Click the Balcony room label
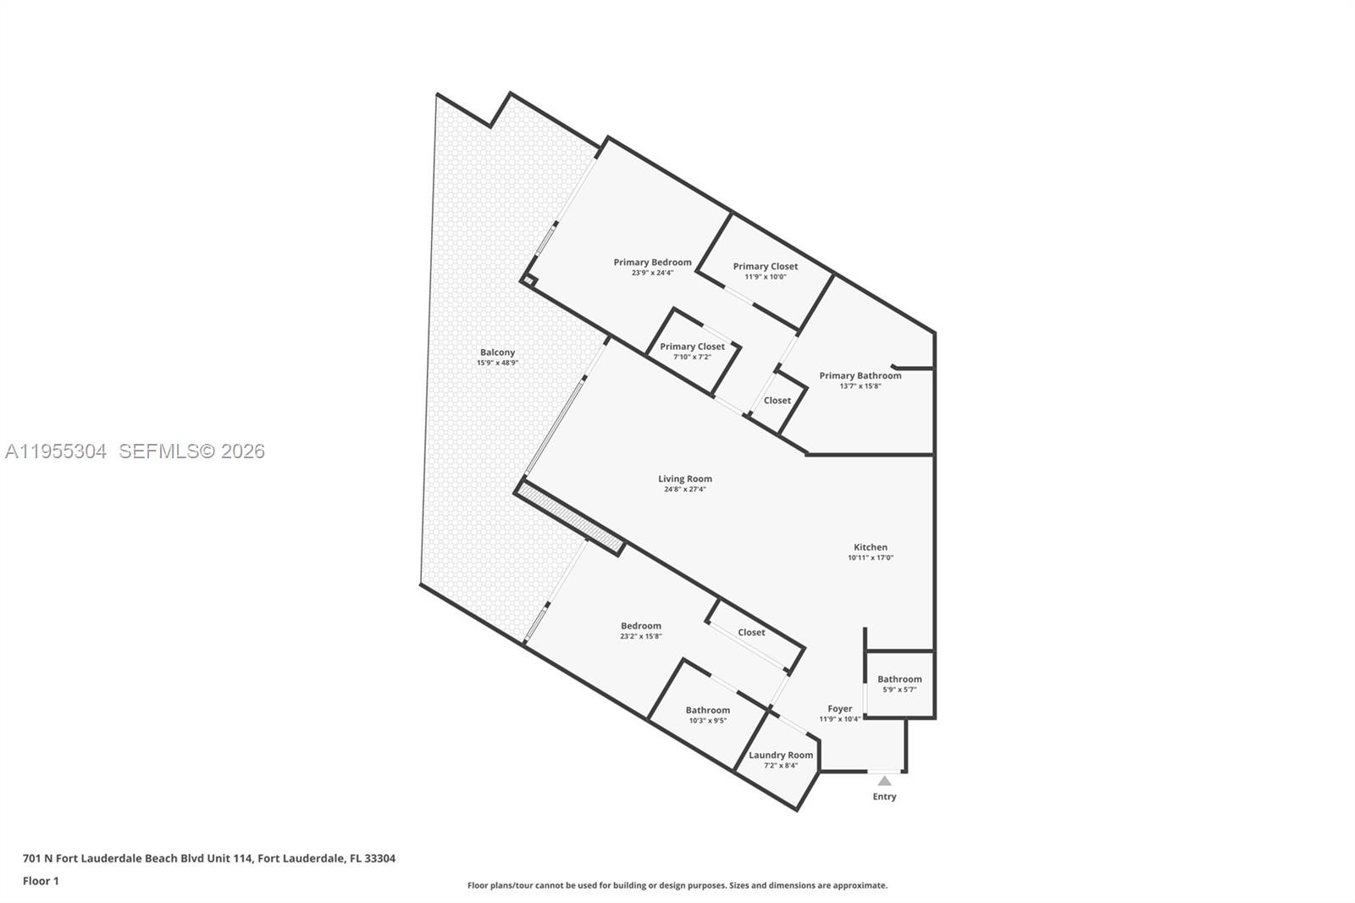pyautogui.click(x=497, y=352)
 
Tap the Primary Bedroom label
pyautogui.click(x=652, y=263)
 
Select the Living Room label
pyautogui.click(x=685, y=479)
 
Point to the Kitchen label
pyautogui.click(x=871, y=547)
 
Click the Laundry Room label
pyautogui.click(x=781, y=755)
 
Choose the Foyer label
pyautogui.click(x=840, y=709)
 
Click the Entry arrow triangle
pyautogui.click(x=884, y=781)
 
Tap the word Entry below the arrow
pyautogui.click(x=884, y=796)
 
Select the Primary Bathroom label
pyautogui.click(x=860, y=375)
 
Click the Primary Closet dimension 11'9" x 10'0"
pyautogui.click(x=766, y=277)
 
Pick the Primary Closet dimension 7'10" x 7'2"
pyautogui.click(x=692, y=357)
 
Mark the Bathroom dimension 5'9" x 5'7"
pyautogui.click(x=899, y=690)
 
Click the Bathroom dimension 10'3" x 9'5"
pyautogui.click(x=707, y=721)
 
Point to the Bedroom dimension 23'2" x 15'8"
pyautogui.click(x=641, y=636)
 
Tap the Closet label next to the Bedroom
pyautogui.click(x=751, y=632)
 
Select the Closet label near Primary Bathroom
pyautogui.click(x=777, y=401)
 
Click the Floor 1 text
pyautogui.click(x=41, y=881)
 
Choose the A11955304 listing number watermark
pyautogui.click(x=56, y=451)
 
